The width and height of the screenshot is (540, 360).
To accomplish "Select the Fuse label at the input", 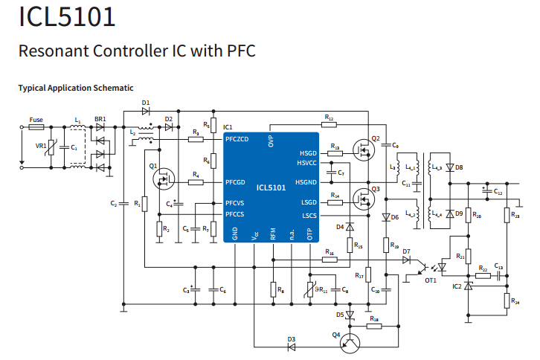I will point(36,119).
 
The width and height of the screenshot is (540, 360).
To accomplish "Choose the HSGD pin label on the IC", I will point(306,152).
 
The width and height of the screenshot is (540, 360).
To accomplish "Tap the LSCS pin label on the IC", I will point(308,216).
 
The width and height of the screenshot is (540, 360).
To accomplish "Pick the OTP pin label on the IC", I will point(310,234).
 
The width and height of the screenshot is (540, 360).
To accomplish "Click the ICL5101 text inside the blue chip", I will point(271,188).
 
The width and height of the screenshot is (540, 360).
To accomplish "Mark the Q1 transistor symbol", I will point(162,179).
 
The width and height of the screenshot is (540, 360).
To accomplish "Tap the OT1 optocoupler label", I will point(431,280).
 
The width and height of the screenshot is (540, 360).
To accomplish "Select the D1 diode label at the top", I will point(146,103).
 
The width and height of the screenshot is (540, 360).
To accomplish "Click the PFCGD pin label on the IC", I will point(236,181).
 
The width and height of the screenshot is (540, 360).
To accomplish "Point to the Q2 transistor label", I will point(376,139).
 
